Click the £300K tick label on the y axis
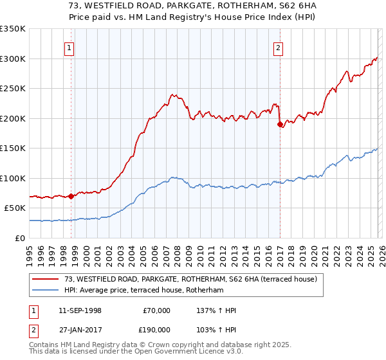pyautogui.click(x=12, y=59)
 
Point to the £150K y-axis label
pyautogui.click(x=12, y=148)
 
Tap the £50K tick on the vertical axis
pyautogui.click(x=15, y=208)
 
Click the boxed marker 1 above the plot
pyautogui.click(x=69, y=47)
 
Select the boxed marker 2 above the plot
pyautogui.click(x=278, y=47)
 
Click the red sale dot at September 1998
pyautogui.click(x=71, y=197)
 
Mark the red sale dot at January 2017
pyautogui.click(x=280, y=125)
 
